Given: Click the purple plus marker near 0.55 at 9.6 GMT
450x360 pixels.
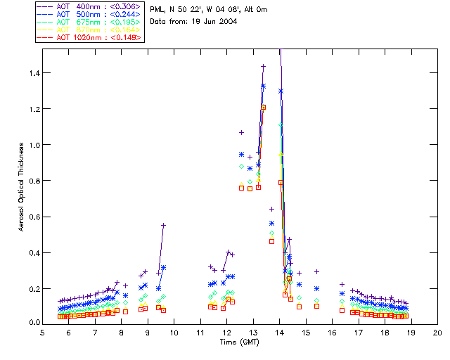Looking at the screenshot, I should [x=163, y=225].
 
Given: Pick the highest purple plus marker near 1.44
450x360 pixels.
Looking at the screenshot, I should [x=264, y=67].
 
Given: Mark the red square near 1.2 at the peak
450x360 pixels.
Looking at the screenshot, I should [x=264, y=108].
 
